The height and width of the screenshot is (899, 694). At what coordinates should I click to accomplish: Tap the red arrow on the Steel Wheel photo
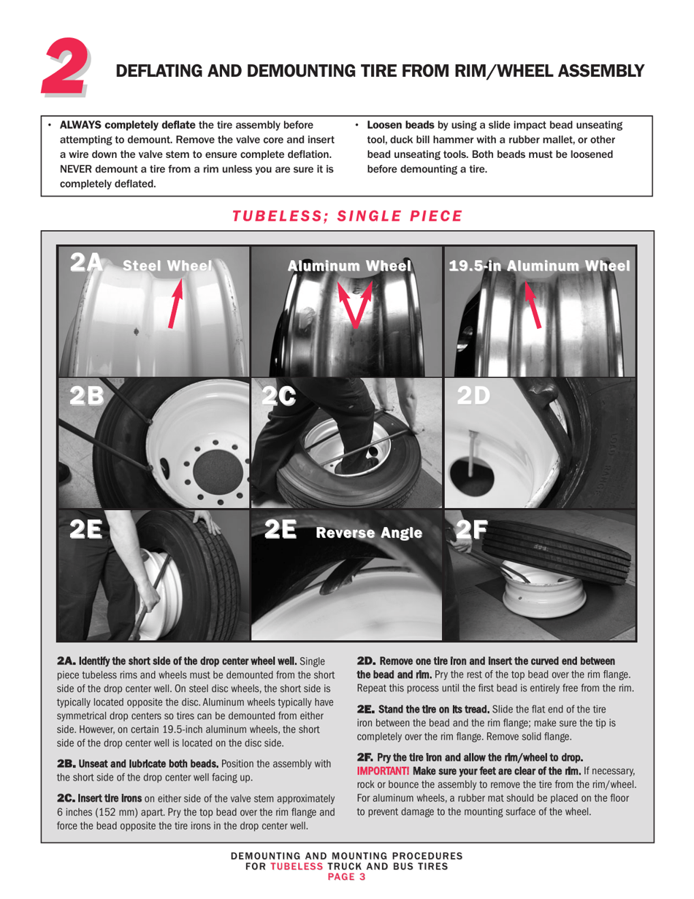point(175,302)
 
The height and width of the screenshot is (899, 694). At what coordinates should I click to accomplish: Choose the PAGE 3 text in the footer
point(346,876)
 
